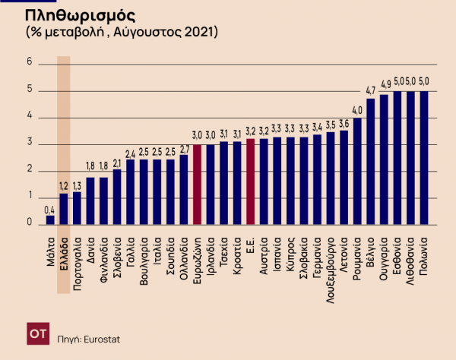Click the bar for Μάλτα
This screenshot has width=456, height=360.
tap(50, 220)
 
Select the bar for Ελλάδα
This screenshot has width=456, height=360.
tap(64, 209)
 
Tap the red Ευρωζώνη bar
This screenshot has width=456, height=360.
tap(197, 185)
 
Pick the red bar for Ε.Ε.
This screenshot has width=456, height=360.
tap(250, 182)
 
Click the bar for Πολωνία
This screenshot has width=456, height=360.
tap(424, 158)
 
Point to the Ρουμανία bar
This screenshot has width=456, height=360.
tap(357, 172)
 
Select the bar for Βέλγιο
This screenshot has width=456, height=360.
tap(371, 162)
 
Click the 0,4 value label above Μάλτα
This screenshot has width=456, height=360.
tap(50, 210)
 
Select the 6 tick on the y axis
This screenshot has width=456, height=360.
tap(29, 63)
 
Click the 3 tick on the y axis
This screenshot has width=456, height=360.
tap(29, 144)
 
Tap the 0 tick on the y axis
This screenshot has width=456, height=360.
tap(29, 224)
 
